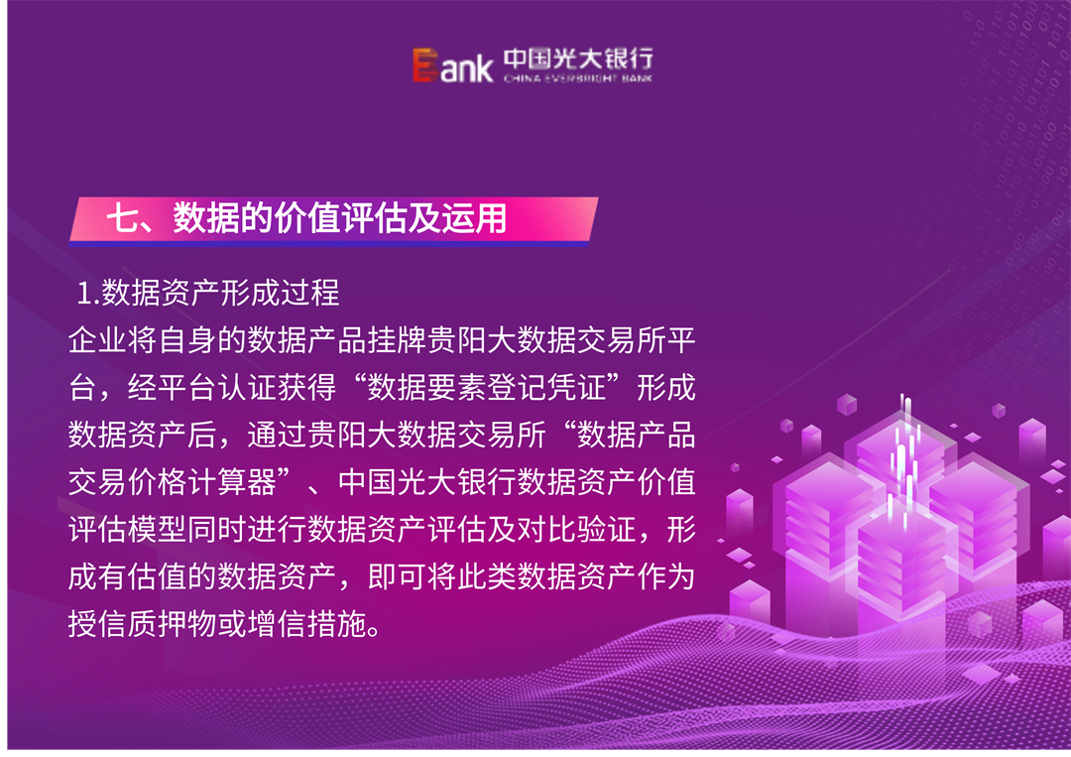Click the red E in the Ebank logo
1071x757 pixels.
[425, 65]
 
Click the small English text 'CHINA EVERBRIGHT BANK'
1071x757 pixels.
[578, 78]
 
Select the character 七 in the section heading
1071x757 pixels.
[122, 219]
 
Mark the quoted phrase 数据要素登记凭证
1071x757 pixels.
[489, 388]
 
